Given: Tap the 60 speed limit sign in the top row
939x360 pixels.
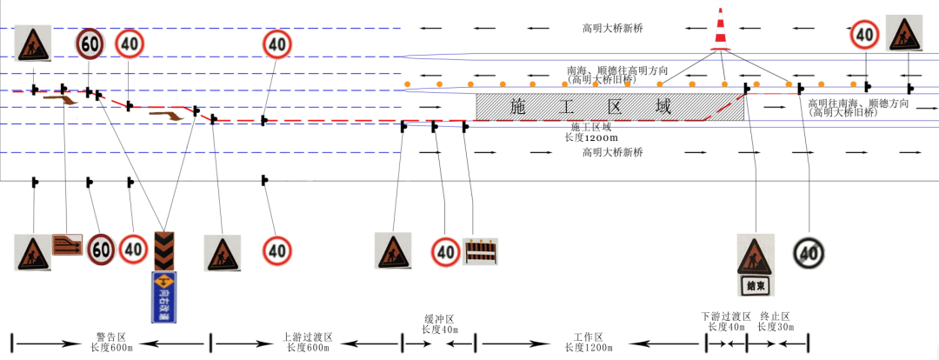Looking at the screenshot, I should tap(90, 43).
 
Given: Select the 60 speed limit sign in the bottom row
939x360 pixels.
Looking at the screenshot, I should tap(101, 250).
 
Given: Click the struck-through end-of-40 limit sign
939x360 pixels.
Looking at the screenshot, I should tap(809, 253).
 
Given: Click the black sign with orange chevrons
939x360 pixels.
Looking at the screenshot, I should tap(163, 250).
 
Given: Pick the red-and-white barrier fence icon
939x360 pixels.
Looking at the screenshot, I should tap(481, 252).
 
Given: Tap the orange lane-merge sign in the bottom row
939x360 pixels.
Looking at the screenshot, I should tap(67, 244).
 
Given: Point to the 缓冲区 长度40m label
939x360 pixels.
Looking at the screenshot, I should tap(440, 324).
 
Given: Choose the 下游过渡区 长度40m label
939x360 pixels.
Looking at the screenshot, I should tap(726, 322).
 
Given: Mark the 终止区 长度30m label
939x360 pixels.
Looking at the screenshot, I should tap(775, 322).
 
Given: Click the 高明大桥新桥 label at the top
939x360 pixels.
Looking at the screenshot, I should tap(613, 29).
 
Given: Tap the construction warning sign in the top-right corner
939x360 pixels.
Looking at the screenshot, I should tap(903, 34).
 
